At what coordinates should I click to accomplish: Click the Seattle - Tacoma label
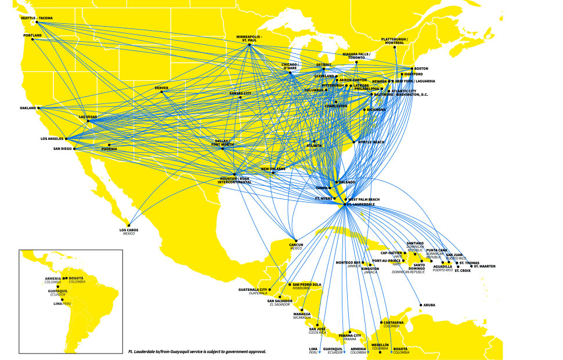coord(37,19)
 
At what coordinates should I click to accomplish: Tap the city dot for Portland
coord(32,39)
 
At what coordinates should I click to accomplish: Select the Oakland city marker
coord(39,108)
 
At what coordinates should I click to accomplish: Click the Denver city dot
coord(162,92)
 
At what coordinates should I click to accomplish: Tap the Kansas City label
coord(240,93)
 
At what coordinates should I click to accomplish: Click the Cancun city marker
coord(296,240)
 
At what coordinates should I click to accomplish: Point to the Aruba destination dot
coord(420,305)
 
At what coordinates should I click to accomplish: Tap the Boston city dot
coord(412,69)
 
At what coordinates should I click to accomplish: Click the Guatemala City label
coord(253,290)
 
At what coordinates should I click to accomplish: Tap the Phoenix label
coord(109,149)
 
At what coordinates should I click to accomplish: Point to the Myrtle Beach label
coord(371,142)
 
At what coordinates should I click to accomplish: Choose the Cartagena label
coord(394,322)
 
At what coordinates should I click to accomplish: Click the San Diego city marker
coord(75,149)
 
